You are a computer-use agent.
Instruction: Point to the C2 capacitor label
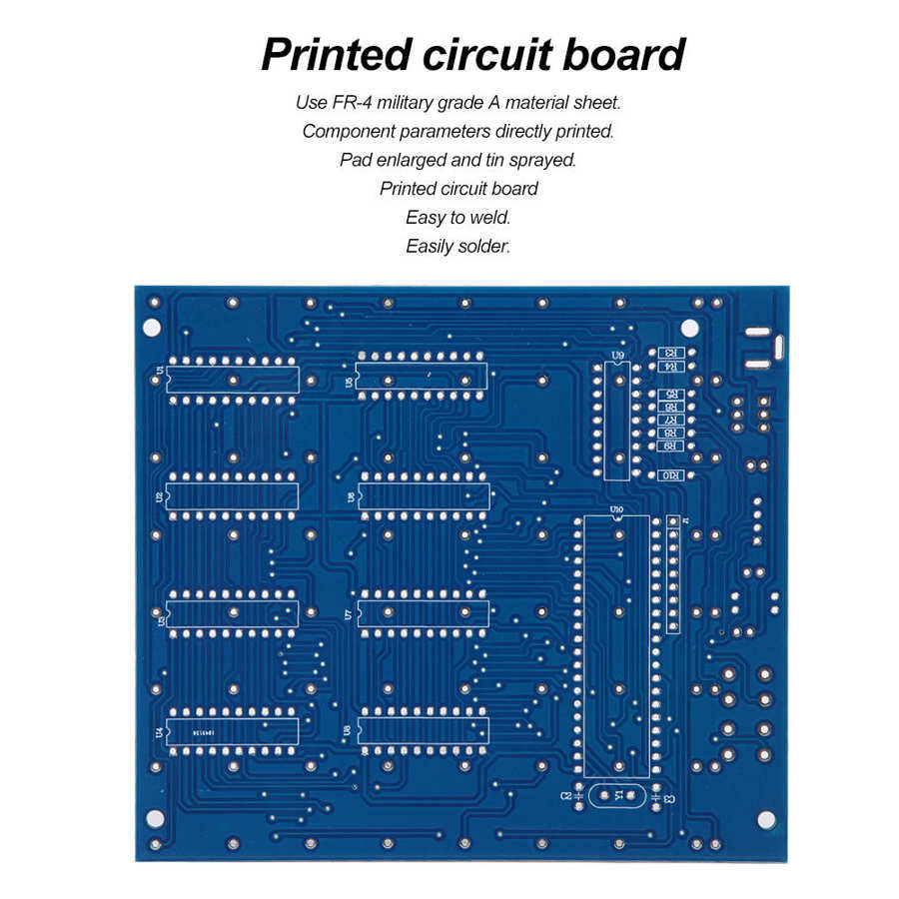pos(565,795)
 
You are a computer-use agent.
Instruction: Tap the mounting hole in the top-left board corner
pos(152,326)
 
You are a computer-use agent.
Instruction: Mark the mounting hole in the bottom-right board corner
pos(765,819)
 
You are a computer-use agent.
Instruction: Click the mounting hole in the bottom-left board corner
pos(155,819)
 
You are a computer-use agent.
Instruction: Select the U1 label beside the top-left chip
pos(160,372)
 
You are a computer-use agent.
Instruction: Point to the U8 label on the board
pos(349,731)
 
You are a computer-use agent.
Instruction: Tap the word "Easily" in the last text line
pos(429,246)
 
